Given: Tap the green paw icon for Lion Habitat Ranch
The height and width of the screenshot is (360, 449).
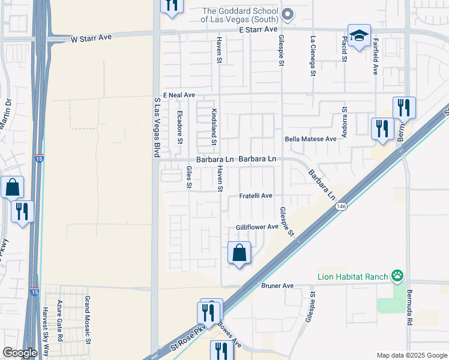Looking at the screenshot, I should tap(397, 276).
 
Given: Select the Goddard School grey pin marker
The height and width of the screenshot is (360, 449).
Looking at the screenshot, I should tap(288, 14).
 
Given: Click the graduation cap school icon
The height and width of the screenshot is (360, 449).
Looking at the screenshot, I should tap(359, 35).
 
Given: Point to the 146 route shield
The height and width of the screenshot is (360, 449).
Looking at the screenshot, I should tap(341, 206).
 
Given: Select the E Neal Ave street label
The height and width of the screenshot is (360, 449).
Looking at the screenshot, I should tap(181, 95).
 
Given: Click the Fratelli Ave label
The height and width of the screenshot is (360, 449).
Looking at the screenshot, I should tap(256, 196).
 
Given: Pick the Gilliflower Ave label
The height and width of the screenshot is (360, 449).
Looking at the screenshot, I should tap(258, 227).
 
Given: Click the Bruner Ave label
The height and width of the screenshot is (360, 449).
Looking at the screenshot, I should tap(277, 286).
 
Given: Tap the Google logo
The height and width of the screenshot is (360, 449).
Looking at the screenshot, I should tap(20, 353).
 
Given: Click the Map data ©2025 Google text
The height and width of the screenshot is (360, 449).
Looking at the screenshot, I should tap(411, 355).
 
